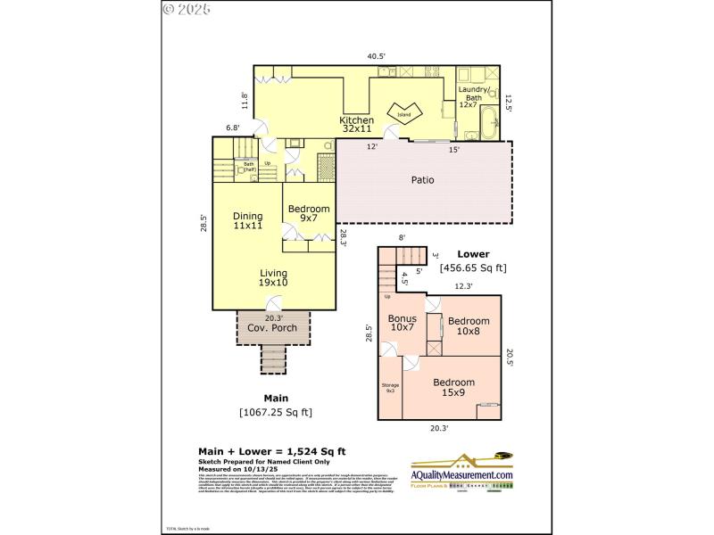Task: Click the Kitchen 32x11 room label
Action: pos(356,124)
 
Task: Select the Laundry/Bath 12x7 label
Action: pos(473,96)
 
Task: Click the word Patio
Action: pos(422,179)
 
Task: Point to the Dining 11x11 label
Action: pos(247,221)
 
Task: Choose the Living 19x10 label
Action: pos(274,278)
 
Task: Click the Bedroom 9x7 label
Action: pos(308,213)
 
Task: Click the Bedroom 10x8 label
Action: pos(468,326)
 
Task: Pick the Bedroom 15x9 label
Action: pos(453,387)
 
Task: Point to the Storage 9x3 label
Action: pos(391,388)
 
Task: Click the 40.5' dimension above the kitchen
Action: pos(377,56)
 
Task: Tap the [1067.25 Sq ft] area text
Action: pos(275,412)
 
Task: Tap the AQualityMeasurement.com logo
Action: pos(461,473)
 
